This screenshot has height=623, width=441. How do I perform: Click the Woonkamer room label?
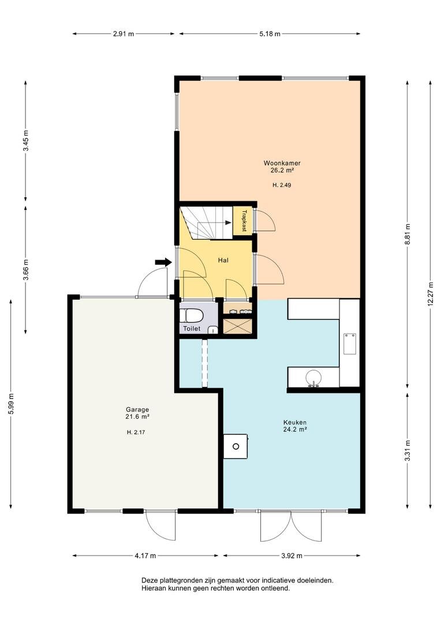(x=282, y=163)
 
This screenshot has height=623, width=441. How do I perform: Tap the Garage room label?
(x=137, y=410)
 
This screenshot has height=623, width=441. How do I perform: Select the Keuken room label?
(x=294, y=422)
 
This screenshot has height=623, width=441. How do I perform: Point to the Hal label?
(x=223, y=261)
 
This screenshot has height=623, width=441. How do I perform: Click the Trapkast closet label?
(x=244, y=220)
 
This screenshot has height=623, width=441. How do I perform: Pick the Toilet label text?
(x=192, y=329)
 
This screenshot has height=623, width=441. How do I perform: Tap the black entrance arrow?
(x=163, y=262)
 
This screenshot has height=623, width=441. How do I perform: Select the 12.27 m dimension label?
(x=430, y=294)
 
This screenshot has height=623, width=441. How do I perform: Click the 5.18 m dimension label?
(x=270, y=34)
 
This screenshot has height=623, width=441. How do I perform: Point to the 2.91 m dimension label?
(x=124, y=34)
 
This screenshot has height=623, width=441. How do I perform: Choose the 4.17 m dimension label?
(x=145, y=556)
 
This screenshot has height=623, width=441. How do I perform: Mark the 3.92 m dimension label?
(x=291, y=556)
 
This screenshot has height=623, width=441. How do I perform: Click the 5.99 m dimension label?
(x=11, y=404)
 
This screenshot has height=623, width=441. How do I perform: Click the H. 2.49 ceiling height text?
(x=282, y=185)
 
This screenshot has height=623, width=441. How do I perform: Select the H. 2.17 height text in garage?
(x=136, y=432)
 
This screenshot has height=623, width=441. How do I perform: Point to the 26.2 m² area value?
(x=282, y=170)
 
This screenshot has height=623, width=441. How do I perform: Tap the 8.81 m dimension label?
(x=408, y=234)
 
